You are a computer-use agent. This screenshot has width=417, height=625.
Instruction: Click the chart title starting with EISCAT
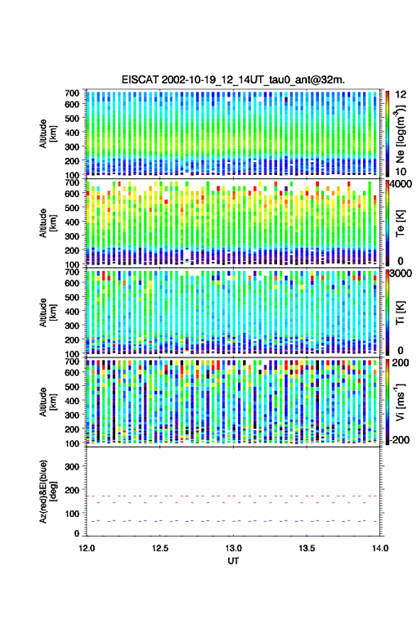(233, 80)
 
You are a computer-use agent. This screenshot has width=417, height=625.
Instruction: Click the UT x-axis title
(234, 561)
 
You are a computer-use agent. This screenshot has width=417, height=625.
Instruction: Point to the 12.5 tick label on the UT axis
(160, 548)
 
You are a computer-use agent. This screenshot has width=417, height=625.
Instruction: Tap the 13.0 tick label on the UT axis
(234, 548)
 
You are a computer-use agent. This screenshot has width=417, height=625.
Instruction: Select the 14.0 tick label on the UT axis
(380, 548)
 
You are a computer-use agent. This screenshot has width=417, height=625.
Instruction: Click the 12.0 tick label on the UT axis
(87, 548)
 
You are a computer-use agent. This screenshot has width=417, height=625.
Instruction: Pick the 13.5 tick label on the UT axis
(307, 548)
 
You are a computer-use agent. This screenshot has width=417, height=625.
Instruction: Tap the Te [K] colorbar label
(400, 223)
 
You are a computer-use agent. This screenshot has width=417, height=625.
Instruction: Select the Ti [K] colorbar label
(400, 313)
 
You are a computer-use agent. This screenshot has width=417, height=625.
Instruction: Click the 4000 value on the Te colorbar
(401, 185)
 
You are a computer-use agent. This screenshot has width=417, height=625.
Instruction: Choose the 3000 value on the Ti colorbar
(401, 274)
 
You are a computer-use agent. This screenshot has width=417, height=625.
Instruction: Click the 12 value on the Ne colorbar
(401, 95)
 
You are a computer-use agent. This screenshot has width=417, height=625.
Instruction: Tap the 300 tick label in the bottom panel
(72, 466)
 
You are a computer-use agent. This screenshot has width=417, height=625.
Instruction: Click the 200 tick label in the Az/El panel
(72, 490)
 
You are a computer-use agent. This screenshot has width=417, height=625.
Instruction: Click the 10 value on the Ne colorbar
(401, 172)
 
